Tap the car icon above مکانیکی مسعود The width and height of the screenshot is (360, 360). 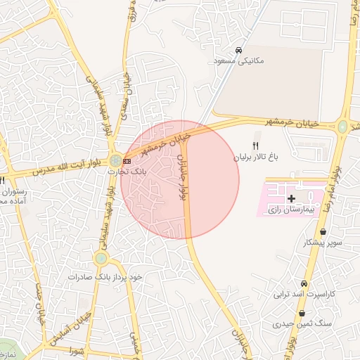pyautogui.click(x=239, y=51)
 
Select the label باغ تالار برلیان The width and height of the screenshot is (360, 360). pyautogui.click(x=257, y=156)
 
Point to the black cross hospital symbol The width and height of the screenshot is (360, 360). pyautogui.click(x=292, y=199)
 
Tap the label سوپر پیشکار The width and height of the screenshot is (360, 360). pyautogui.click(x=322, y=243)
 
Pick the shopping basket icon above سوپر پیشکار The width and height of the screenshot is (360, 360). pyautogui.click(x=323, y=231)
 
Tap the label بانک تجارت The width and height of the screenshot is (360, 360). pyautogui.click(x=127, y=171)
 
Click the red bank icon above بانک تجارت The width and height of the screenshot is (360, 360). pyautogui.click(x=127, y=161)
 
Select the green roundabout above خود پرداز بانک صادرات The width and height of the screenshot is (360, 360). pyautogui.click(x=101, y=258)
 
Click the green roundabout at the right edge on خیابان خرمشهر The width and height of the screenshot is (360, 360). pyautogui.click(x=342, y=127)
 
